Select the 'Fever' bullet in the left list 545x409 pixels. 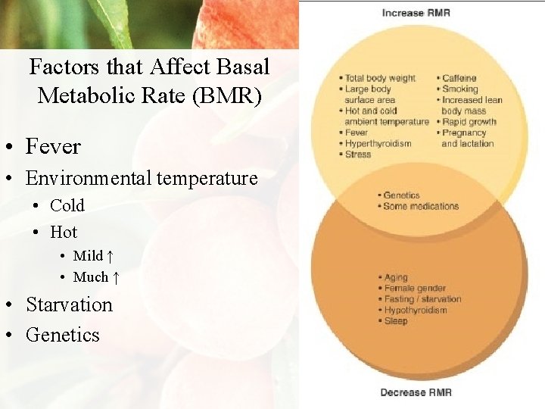53,146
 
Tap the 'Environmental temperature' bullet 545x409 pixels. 142,179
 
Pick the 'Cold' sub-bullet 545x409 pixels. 67,205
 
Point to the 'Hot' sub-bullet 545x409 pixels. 64,232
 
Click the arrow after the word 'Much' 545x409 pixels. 116,277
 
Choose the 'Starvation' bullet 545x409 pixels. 69,304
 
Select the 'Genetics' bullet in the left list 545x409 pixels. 63,335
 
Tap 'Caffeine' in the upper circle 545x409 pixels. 459,78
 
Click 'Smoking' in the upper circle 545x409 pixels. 459,89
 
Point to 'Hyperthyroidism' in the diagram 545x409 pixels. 378,144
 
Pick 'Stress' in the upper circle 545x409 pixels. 358,155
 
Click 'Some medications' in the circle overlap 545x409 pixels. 421,206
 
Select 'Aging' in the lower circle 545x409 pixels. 396,278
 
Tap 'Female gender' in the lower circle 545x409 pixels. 415,289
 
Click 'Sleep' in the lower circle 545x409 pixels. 395,321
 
